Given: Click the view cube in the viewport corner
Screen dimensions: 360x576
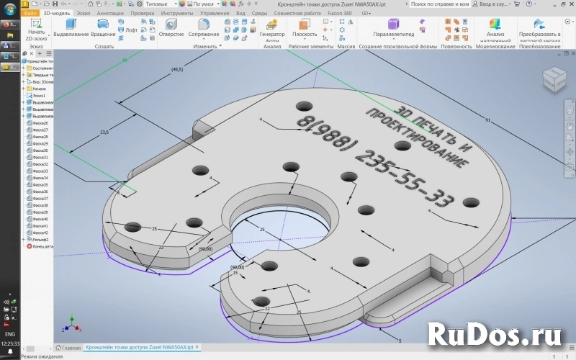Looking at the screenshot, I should point(554,78).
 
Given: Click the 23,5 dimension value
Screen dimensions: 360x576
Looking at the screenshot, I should point(104,132).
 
